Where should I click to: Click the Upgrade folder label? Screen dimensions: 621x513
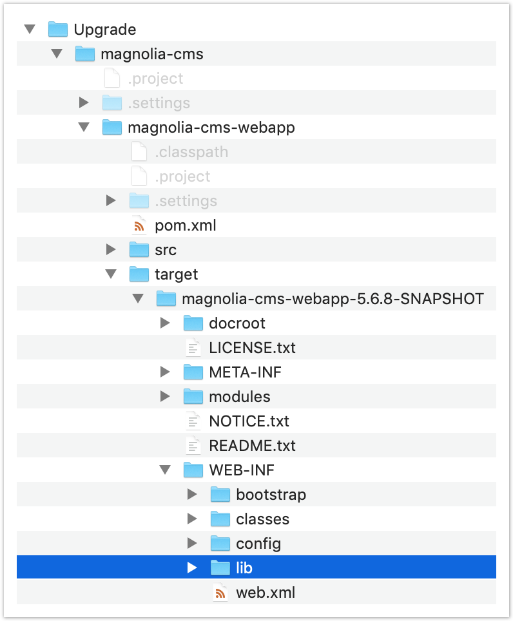click(104, 30)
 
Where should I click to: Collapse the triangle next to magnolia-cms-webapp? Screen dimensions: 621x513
click(83, 128)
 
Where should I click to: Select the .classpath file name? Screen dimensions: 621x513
click(191, 152)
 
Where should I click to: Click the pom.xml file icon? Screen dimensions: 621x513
click(139, 225)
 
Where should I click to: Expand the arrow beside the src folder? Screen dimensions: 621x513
click(111, 250)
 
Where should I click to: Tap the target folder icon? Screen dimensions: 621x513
click(139, 274)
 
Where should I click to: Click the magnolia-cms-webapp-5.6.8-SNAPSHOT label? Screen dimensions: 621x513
click(333, 299)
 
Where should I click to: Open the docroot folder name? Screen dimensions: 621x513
click(237, 323)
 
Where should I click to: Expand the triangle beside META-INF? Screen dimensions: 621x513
click(165, 372)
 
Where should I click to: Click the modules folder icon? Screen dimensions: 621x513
click(193, 397)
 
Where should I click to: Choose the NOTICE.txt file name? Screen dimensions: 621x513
click(249, 421)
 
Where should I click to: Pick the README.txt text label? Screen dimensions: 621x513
click(252, 446)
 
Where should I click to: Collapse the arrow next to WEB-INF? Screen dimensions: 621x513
click(165, 470)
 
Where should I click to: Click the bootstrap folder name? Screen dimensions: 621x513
click(271, 495)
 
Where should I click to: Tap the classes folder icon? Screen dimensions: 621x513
click(220, 519)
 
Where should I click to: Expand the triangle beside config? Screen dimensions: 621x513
click(192, 544)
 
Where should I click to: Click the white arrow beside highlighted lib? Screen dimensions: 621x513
click(192, 568)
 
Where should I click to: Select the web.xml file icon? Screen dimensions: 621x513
click(220, 593)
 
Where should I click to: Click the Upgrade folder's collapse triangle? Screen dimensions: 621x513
click(29, 30)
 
